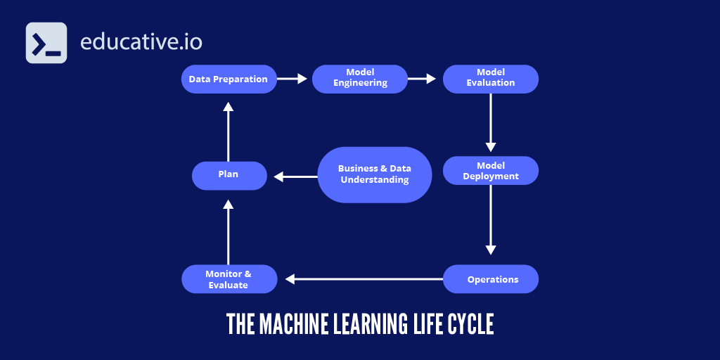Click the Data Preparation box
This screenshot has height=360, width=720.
(229, 79)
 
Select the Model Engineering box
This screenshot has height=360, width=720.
(360, 79)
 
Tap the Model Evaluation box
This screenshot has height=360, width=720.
(490, 79)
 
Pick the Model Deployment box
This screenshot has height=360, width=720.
(490, 171)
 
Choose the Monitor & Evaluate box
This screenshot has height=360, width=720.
(229, 279)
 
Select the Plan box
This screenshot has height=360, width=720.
(229, 175)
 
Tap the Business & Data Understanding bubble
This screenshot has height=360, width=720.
(374, 175)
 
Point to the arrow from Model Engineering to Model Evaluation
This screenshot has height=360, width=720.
(422, 79)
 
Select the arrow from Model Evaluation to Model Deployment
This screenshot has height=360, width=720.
(491, 122)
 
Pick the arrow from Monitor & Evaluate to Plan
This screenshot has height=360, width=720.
(228, 231)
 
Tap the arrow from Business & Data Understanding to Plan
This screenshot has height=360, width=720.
(295, 176)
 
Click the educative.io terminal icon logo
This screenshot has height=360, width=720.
(46, 43)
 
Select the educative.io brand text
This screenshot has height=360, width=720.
(141, 42)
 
